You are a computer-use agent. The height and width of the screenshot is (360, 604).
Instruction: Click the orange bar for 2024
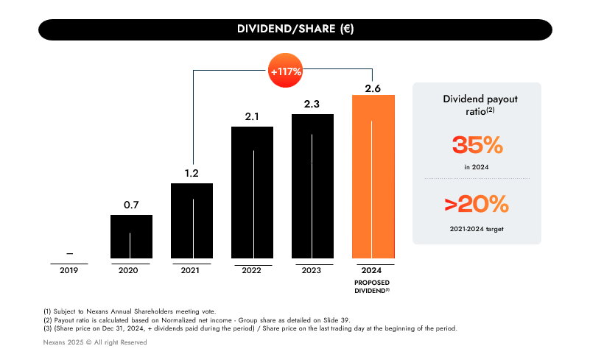pos(373,177)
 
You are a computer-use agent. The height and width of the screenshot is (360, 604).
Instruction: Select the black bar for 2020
pos(131,236)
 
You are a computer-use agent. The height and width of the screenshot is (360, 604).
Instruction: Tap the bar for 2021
pos(192,221)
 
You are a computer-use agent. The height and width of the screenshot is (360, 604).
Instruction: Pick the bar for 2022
pos(252,192)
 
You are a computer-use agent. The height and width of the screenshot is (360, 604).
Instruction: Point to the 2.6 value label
pos(373,89)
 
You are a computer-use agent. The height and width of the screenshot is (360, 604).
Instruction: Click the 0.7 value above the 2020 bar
pos(131,205)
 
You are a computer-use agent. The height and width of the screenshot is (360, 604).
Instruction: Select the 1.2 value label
pos(192,174)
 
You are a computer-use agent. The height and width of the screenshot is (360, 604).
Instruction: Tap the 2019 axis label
pos(69,270)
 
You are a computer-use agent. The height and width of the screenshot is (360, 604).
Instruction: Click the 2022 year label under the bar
pos(252,270)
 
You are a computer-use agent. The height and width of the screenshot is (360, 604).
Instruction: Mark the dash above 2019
pos(69,253)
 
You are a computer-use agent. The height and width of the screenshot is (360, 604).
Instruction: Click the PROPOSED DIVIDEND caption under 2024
pos(373,286)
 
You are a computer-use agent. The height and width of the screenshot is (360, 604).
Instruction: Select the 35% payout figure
pos(477,146)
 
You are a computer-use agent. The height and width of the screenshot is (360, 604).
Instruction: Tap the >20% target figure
pos(477,203)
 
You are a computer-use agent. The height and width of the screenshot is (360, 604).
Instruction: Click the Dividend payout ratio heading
pos(477,105)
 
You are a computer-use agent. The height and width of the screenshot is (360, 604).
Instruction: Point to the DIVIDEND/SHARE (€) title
pos(295,29)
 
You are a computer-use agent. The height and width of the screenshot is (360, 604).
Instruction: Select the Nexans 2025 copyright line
pos(95,342)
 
